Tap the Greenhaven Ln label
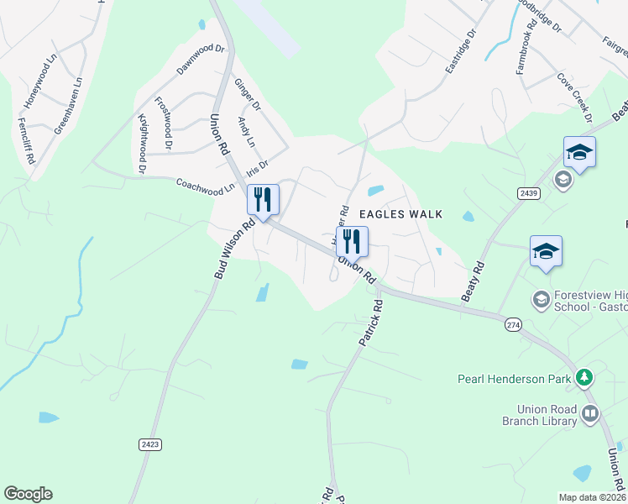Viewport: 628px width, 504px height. tap(69, 107)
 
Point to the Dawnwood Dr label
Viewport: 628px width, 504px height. tap(201, 60)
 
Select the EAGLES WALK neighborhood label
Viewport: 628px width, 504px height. tap(400, 214)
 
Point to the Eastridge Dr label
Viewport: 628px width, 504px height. tap(461, 50)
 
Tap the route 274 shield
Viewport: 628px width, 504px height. tap(513, 323)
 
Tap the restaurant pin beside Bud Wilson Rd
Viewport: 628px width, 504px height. tap(263, 200)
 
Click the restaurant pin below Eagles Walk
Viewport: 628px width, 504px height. tap(352, 241)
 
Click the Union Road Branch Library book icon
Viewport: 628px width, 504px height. tap(590, 413)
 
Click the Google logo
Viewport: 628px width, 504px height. tap(28, 494)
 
